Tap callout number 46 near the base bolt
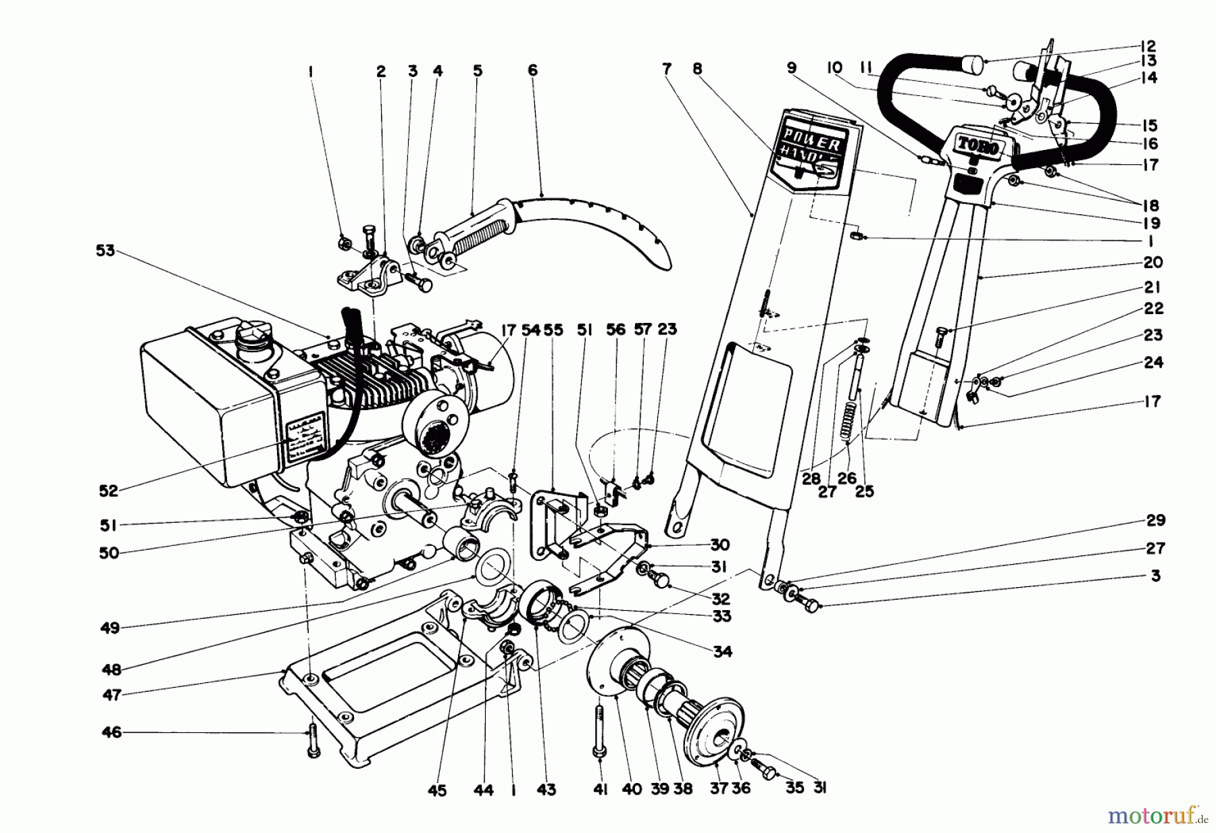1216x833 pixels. (111, 732)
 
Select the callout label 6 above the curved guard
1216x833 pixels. (532, 70)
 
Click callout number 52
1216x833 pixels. (109, 491)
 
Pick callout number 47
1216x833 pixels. (111, 695)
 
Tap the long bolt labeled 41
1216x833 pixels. (599, 730)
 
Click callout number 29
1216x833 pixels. (1155, 520)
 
